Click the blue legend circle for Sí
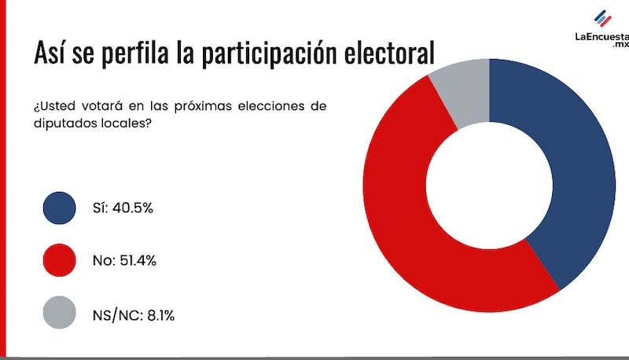click(x=60, y=207)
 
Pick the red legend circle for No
click(x=60, y=260)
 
